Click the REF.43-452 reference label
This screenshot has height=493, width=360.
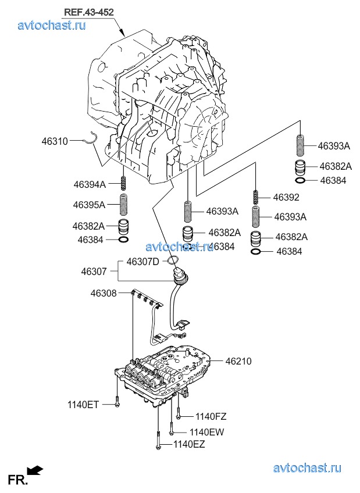(x=88, y=12)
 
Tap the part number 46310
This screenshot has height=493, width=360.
(x=55, y=141)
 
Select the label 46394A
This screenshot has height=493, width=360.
(x=90, y=184)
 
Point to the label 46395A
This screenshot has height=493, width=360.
(x=89, y=205)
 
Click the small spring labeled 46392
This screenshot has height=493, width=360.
(x=256, y=198)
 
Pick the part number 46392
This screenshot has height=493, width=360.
(x=286, y=198)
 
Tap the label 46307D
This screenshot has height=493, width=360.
(x=143, y=262)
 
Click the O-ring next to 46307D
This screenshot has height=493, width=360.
(x=173, y=260)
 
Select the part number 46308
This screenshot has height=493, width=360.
(x=104, y=294)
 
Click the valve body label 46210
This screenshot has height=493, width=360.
(x=238, y=361)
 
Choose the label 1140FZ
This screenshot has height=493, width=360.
(x=211, y=417)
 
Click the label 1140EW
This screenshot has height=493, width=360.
(x=206, y=433)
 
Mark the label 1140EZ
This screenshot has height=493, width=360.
(x=189, y=444)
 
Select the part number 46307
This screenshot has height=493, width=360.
(x=94, y=271)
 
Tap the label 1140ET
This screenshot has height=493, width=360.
(x=83, y=405)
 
